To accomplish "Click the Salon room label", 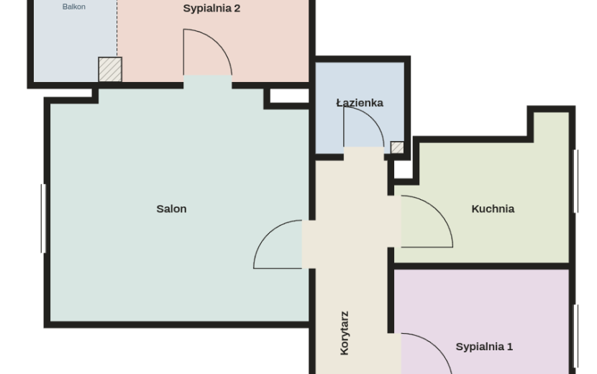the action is pos(171,209).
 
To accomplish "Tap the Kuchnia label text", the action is pos(493,209).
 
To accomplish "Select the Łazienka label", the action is pos(360,103).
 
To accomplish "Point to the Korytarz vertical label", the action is pos(345,333).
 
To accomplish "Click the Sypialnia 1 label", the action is pos(484,347).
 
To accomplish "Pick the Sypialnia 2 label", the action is pos(211,9).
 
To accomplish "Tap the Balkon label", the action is pos(74,7).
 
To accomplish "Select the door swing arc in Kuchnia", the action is pos(438,209).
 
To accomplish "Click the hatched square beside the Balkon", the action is pos(110,69).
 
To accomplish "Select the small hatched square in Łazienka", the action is pos(397,147).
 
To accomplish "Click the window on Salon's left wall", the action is pos(43,218).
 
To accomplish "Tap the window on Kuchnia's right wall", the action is pos(576,181).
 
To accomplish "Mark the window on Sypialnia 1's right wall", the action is pos(576,336).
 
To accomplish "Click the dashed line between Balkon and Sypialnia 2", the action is pos(117,29).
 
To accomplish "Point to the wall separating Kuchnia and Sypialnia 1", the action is pos(482,266).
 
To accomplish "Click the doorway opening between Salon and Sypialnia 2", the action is pos(207,82).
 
